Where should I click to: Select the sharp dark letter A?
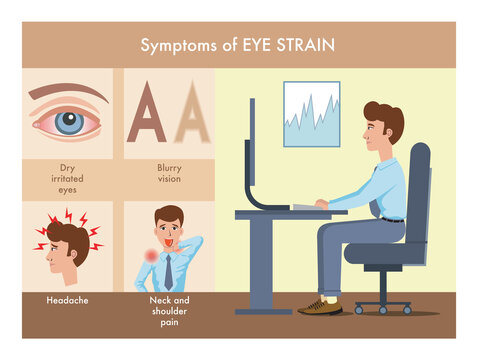(x=147, y=113)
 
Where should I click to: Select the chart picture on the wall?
(x=311, y=114)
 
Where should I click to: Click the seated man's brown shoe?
(x=320, y=306)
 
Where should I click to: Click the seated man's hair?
(x=387, y=117)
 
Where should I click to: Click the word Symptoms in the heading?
(x=177, y=45)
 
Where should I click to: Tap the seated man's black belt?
(x=391, y=218)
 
